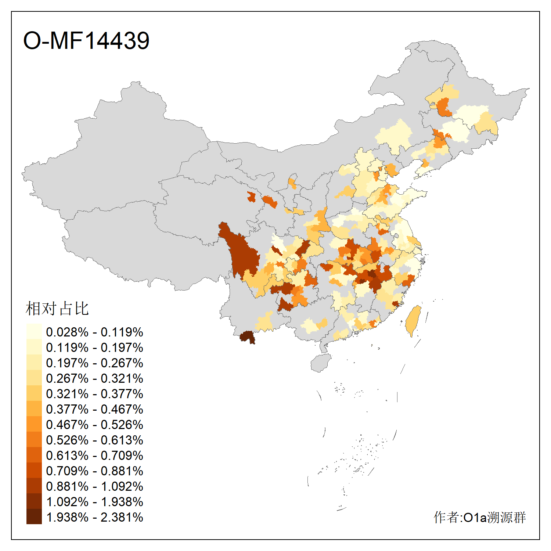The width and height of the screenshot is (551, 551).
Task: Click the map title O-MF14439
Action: coord(86,40)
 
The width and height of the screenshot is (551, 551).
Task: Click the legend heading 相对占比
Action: coord(57,309)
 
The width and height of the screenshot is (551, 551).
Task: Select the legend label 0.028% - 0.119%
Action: coord(94,332)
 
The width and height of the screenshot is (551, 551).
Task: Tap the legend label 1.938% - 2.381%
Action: coord(94,517)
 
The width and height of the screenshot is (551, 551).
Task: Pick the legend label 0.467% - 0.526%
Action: coord(94,425)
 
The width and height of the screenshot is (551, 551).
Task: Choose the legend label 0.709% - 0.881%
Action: coord(94,471)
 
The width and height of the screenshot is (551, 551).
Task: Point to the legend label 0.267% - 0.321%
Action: coord(94,378)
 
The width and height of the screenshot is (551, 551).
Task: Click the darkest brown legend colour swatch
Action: coord(34,516)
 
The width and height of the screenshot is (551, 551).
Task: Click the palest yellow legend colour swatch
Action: coord(34,331)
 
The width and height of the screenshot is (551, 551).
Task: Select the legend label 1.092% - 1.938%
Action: coord(94,502)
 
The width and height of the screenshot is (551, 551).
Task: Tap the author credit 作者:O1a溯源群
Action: coord(479,517)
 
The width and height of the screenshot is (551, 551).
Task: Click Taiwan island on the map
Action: coord(413,320)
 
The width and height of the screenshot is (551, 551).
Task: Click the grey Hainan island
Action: coord(320,363)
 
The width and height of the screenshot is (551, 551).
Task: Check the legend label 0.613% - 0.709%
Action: coord(94,455)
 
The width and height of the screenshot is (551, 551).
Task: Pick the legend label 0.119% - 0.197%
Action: coord(94,347)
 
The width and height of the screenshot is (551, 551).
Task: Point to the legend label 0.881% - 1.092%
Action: coord(94,486)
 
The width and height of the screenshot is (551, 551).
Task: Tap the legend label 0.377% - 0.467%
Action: coord(94,409)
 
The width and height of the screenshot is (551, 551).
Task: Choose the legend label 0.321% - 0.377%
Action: coord(94,394)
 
